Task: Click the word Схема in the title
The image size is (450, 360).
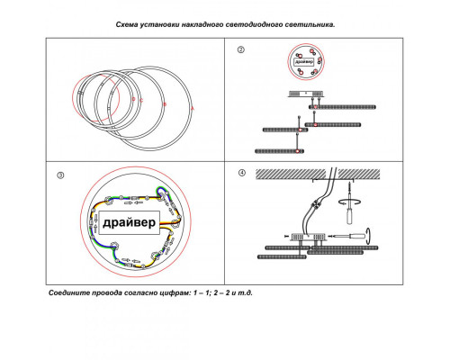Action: (x=127, y=25)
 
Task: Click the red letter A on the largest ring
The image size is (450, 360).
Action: (x=193, y=108)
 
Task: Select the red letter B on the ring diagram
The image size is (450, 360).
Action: (x=165, y=104)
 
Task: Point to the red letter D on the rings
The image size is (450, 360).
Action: (x=134, y=99)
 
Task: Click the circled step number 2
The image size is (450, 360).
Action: (x=241, y=49)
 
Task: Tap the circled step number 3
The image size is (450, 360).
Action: (x=60, y=175)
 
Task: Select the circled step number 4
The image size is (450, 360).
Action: (x=242, y=173)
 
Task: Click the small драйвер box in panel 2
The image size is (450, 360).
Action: (x=304, y=62)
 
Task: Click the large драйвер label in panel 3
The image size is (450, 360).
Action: (x=130, y=222)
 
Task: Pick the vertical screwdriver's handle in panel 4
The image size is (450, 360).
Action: (x=350, y=216)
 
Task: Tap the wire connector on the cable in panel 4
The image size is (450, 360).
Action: (x=315, y=204)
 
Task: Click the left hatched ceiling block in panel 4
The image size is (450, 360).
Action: (x=291, y=175)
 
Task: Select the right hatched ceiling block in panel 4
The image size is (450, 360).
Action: (x=359, y=175)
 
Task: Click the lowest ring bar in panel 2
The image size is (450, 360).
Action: (x=279, y=151)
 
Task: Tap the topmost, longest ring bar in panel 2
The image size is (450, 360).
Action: (x=342, y=107)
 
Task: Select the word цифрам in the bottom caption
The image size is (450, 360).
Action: (x=176, y=293)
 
